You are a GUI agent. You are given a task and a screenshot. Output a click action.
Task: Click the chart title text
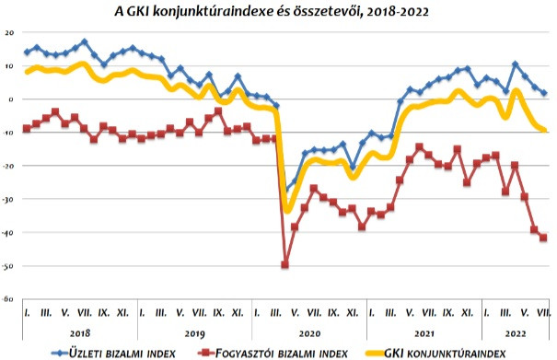coord(272,11)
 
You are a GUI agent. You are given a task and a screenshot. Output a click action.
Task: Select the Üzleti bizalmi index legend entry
coord(113,354)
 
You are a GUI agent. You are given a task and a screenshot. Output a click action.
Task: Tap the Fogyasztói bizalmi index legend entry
coord(273,354)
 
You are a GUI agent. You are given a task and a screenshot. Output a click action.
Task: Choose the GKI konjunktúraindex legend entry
coord(435,354)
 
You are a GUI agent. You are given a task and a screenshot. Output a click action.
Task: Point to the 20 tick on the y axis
coord(9,33)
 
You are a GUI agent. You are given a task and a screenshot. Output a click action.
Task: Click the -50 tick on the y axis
coord(7,266)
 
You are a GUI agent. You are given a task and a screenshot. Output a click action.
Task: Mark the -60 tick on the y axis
coord(7,299)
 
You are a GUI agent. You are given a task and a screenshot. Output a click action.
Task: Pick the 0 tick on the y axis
coord(11,99)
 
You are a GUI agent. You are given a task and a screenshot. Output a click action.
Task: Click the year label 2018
coord(80,333)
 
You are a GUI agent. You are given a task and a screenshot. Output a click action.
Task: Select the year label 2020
coord(309,333)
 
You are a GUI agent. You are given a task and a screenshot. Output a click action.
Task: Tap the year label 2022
coord(516,333)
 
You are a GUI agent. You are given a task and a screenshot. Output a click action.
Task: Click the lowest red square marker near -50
coord(284,264)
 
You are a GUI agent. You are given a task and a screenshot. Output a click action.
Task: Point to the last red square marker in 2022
coord(543,238)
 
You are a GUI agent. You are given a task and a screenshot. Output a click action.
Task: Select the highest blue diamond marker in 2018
coord(84,42)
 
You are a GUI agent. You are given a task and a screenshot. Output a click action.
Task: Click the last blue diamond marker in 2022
coord(543,93)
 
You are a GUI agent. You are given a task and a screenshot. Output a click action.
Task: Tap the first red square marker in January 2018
coord(27,129)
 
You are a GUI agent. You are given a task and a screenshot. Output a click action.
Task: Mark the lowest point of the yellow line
coord(287,211)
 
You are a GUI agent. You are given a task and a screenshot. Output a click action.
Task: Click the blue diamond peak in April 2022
coord(515,64)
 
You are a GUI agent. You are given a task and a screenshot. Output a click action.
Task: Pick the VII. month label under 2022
coord(543,313)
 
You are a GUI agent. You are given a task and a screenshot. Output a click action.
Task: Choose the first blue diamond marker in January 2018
coord(27,52)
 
